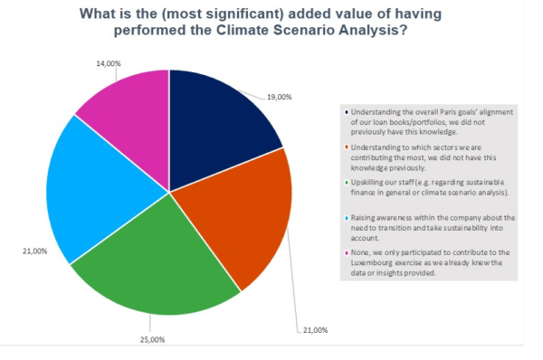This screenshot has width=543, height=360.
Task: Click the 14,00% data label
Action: click(109, 63)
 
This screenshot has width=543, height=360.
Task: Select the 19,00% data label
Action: click(280, 98)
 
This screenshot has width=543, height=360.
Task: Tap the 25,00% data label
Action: click(152, 340)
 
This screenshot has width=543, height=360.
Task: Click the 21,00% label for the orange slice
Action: click(316, 330)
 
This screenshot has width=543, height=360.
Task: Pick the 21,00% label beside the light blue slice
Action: click(35, 251)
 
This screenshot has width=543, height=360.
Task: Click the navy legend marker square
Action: click(347, 112)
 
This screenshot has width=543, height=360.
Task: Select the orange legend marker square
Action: click(347, 147)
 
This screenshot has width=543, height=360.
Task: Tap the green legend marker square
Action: click(347, 183)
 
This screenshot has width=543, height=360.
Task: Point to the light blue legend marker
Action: click(347, 218)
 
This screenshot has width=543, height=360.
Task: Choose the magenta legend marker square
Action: click(347, 253)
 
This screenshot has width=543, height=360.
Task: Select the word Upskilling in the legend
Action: click(367, 183)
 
